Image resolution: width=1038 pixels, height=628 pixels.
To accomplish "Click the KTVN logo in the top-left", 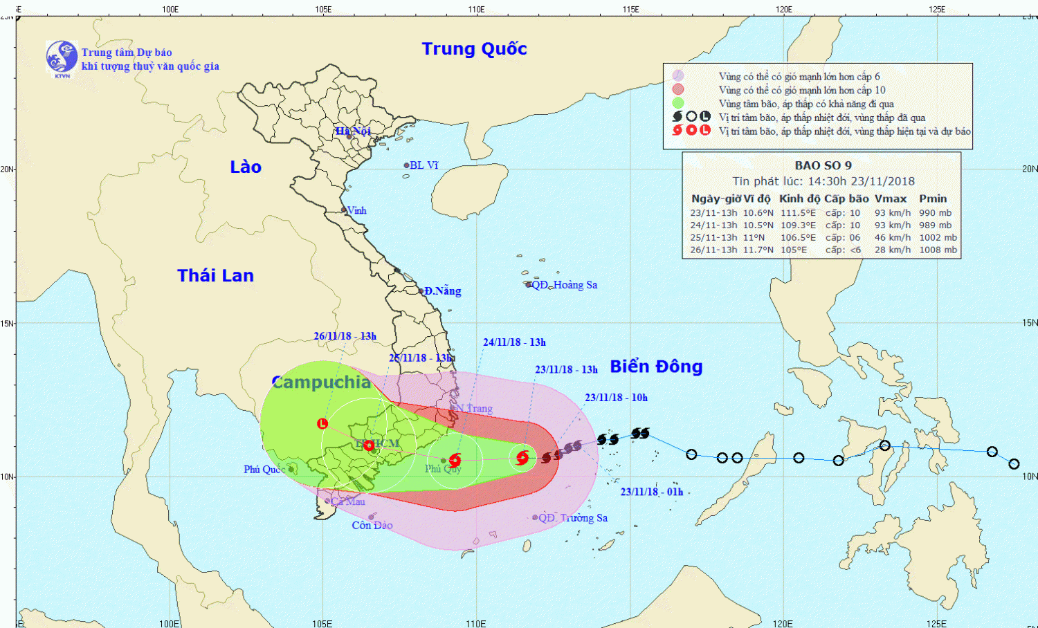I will pyautogui.click(x=62, y=57).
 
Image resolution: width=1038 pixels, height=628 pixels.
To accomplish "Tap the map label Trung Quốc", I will pyautogui.click(x=474, y=49).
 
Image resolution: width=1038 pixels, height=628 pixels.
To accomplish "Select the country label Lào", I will pyautogui.click(x=246, y=167).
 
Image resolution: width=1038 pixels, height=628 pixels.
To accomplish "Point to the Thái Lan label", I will pyautogui.click(x=215, y=276).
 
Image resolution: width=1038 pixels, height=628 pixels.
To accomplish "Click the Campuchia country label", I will pyautogui.click(x=321, y=382).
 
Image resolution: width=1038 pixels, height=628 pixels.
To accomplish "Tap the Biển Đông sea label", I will pyautogui.click(x=656, y=367).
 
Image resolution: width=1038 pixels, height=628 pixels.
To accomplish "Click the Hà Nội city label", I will pyautogui.click(x=353, y=131).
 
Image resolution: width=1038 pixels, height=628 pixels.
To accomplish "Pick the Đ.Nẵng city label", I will pyautogui.click(x=442, y=291).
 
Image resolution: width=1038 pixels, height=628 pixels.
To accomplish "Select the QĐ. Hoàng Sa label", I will pyautogui.click(x=564, y=285).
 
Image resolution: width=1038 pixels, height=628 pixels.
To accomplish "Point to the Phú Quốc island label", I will pyautogui.click(x=264, y=470).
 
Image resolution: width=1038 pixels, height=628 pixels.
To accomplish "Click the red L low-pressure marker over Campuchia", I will pyautogui.click(x=322, y=423).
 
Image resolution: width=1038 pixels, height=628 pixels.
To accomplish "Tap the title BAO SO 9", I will pyautogui.click(x=823, y=165).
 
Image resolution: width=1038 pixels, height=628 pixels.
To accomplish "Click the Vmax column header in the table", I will pyautogui.click(x=890, y=198).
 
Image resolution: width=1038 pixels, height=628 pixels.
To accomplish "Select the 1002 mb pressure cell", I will pyautogui.click(x=938, y=237).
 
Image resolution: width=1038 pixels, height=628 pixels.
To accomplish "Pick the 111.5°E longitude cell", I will pyautogui.click(x=798, y=213).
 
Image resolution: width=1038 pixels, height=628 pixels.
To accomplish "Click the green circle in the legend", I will pyautogui.click(x=678, y=104).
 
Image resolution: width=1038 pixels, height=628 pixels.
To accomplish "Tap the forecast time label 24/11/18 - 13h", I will pyautogui.click(x=514, y=342).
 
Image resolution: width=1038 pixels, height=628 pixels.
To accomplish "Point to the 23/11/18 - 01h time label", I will pyautogui.click(x=651, y=492).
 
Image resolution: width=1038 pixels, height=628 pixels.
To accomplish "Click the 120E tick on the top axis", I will pyautogui.click(x=783, y=10).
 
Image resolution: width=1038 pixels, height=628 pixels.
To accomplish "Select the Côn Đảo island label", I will pyautogui.click(x=372, y=526).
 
